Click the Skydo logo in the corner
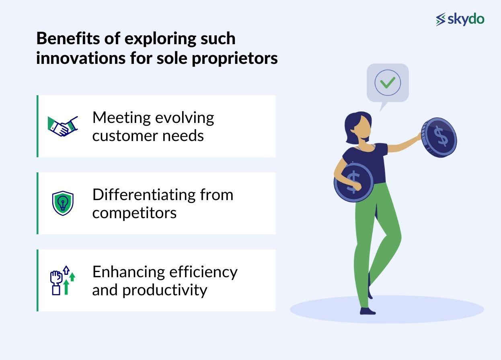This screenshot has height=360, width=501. click(460, 19)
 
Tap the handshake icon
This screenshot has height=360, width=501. click(63, 126)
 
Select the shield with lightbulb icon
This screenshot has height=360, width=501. click(63, 203)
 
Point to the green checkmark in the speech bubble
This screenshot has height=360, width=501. click(388, 82)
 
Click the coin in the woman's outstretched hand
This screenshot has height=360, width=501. click(439, 137)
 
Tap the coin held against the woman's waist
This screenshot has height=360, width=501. click(353, 182)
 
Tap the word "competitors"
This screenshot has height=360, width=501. click(134, 213)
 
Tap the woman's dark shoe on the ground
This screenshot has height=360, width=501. click(368, 311)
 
